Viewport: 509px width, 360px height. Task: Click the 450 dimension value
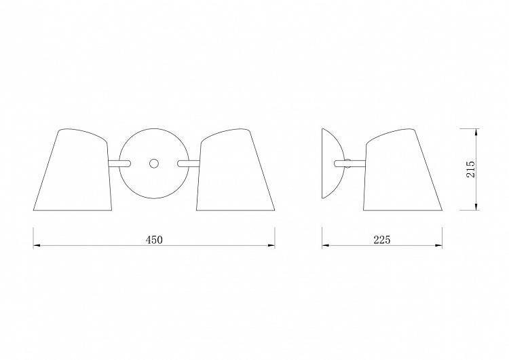[x=154, y=240]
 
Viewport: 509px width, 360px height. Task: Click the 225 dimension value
[x=381, y=240]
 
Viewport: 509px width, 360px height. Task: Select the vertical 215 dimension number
[x=470, y=169]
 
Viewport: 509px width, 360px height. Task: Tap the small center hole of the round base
[x=154, y=163]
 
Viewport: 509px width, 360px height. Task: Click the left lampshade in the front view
[x=73, y=170]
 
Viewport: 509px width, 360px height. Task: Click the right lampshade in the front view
[x=235, y=170]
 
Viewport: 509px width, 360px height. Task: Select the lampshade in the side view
[x=402, y=170]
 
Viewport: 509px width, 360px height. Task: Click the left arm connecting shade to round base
[x=119, y=163]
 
